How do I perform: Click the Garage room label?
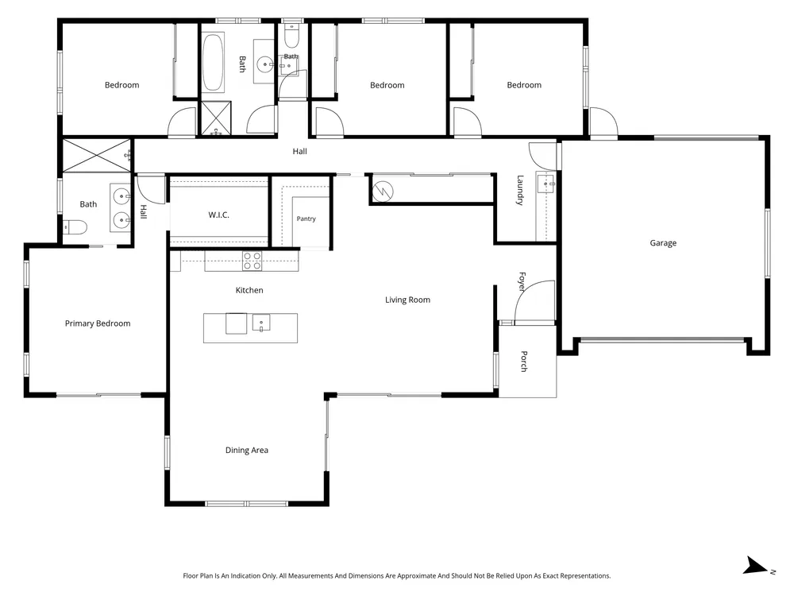(x=663, y=243)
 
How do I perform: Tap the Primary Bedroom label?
(x=98, y=323)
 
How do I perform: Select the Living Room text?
(x=407, y=300)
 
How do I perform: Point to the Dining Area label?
(x=247, y=450)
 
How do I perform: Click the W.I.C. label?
(x=219, y=215)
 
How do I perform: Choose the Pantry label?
(x=306, y=219)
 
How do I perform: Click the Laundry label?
(x=520, y=190)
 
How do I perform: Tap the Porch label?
(x=524, y=362)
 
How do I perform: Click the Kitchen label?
(x=249, y=290)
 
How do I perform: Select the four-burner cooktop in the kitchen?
(x=252, y=261)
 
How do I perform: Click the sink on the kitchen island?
(x=261, y=323)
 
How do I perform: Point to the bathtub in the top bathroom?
(x=213, y=63)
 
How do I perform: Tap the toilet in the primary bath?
(x=75, y=227)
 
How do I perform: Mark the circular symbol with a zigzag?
(x=382, y=191)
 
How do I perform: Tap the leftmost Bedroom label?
(x=122, y=85)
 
